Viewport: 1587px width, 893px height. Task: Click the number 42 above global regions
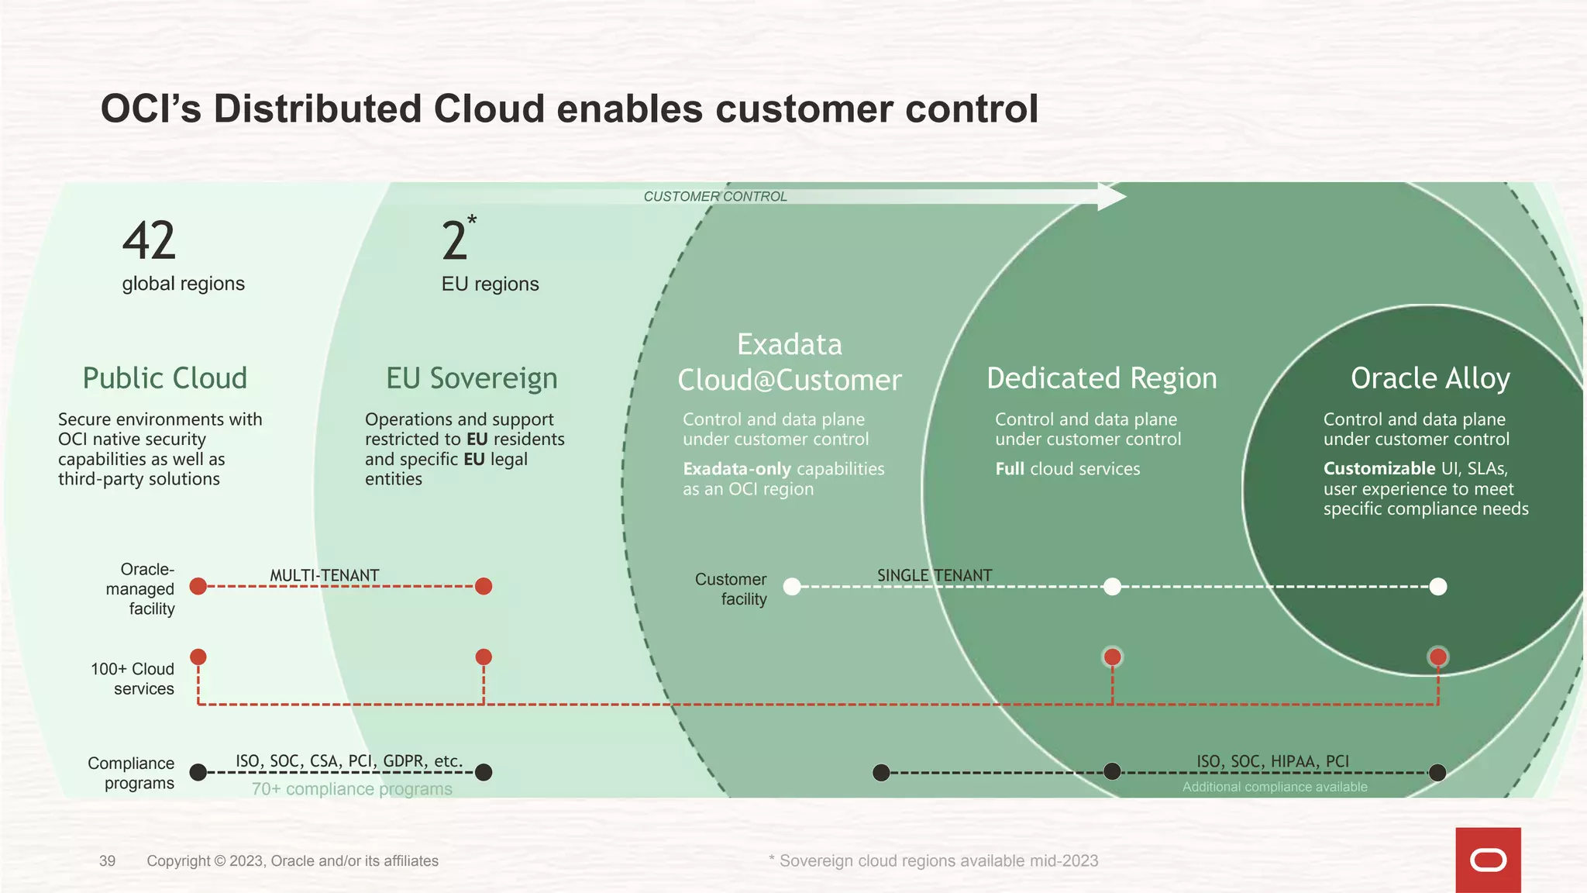[149, 241]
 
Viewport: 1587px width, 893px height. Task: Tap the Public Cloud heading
[164, 378]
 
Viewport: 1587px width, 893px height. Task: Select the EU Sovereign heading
[471, 378]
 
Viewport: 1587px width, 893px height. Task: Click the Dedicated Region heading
[1101, 378]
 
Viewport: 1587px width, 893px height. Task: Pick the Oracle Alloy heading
[1430, 378]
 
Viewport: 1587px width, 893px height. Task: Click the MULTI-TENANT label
[324, 575]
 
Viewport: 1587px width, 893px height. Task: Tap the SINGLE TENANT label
[934, 575]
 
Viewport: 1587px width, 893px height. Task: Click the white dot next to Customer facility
[792, 587]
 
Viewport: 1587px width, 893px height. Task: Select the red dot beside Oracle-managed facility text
[198, 586]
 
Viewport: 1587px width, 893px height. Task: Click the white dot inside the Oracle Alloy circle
[1437, 587]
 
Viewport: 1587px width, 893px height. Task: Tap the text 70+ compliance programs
[352, 789]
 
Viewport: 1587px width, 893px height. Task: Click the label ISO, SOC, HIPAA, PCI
[1272, 761]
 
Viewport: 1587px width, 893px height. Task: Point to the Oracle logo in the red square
[1488, 860]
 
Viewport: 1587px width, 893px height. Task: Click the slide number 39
[108, 860]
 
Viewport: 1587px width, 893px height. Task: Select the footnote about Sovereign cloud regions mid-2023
[933, 860]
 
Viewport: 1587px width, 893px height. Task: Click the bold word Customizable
[1379, 468]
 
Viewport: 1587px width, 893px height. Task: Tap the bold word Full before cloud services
[1010, 468]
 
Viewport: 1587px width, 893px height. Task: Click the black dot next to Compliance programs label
[198, 772]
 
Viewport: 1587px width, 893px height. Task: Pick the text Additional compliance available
[1274, 787]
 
